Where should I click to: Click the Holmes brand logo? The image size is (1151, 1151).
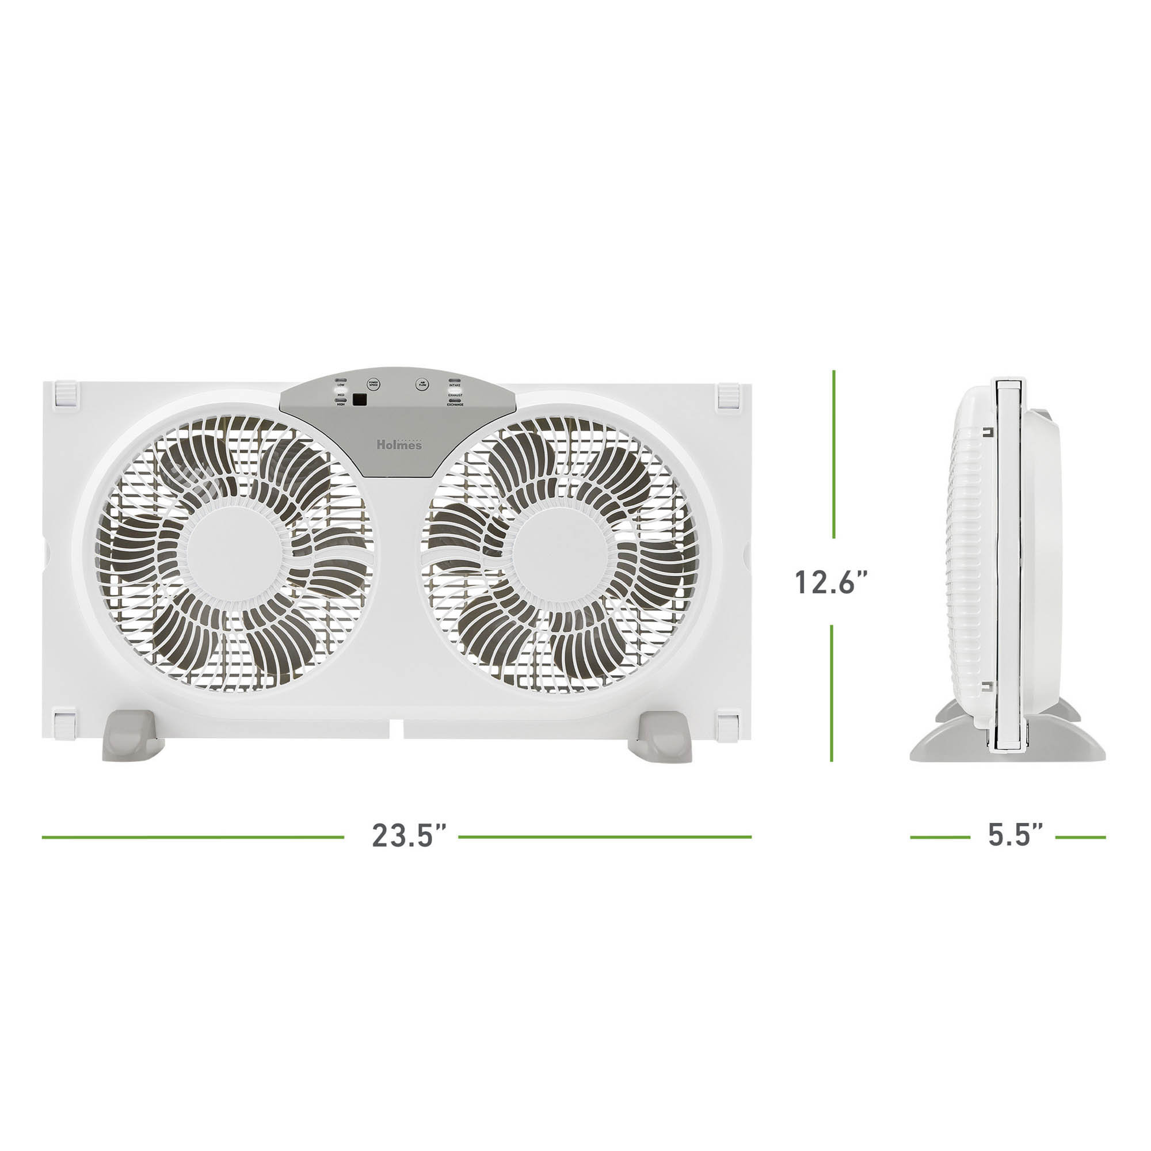pos(399,444)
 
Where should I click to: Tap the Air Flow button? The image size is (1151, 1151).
pos(422,385)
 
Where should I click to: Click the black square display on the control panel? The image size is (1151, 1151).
pos(359,400)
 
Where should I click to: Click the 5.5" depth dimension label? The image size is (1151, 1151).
pos(1015,835)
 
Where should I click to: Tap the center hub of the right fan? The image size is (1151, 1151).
pos(559,554)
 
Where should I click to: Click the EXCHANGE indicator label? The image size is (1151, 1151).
pos(455,405)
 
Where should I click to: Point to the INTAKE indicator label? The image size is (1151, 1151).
pos(455,386)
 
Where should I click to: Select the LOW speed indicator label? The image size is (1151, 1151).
pos(341,385)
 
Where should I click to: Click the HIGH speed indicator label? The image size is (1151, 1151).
pos(341,405)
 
